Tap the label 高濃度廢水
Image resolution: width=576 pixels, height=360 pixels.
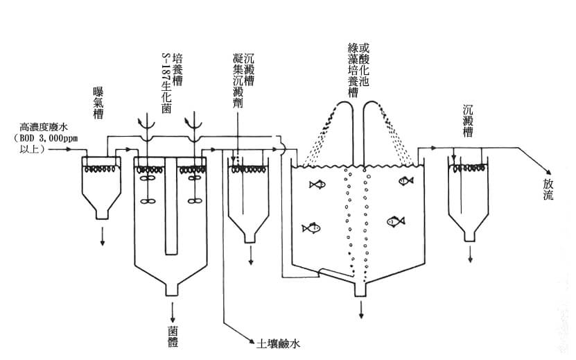44,127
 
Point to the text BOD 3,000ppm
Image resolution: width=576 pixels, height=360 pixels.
50,137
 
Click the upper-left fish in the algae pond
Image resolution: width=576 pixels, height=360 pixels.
317,185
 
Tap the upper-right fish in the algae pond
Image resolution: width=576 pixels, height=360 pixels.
406,181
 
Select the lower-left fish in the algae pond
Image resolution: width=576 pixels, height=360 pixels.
311,228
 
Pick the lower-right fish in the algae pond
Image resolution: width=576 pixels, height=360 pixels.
395,221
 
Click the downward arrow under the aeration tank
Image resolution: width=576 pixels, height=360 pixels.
103,240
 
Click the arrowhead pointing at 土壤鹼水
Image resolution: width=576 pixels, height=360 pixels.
250,342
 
